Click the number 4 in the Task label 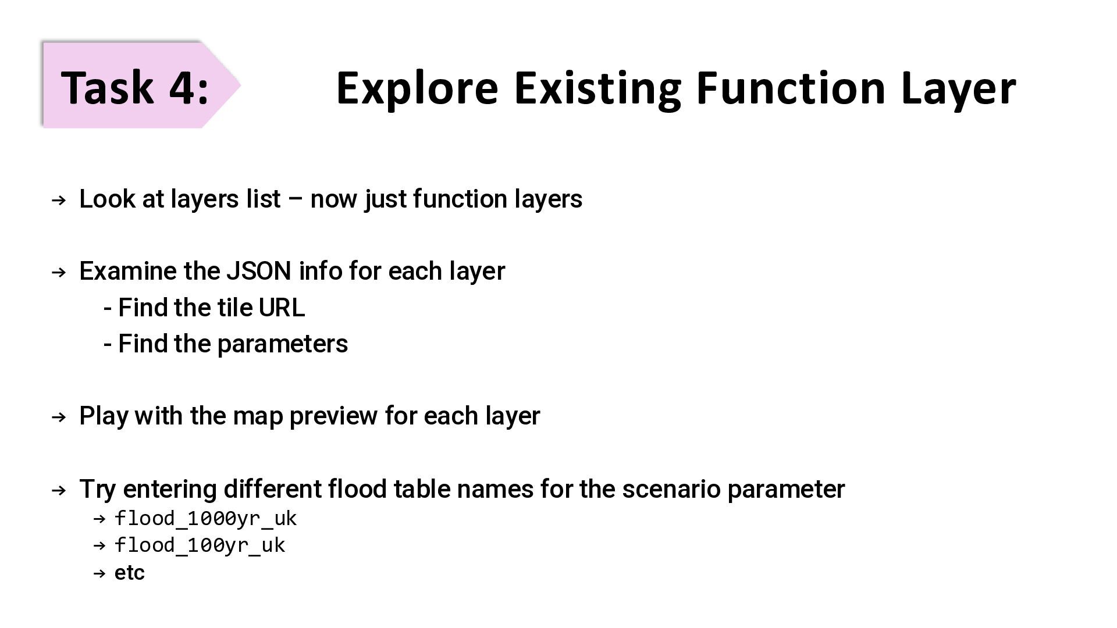point(181,87)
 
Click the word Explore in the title point(417,88)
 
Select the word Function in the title point(791,88)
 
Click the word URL point(282,308)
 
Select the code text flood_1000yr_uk point(205,518)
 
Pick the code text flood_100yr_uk point(200,545)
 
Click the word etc point(129,573)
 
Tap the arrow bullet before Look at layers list point(59,201)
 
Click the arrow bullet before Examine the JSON point(59,273)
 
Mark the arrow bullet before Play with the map point(59,418)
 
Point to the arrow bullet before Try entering point(59,491)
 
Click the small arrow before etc point(99,573)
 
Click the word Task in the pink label point(107,87)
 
